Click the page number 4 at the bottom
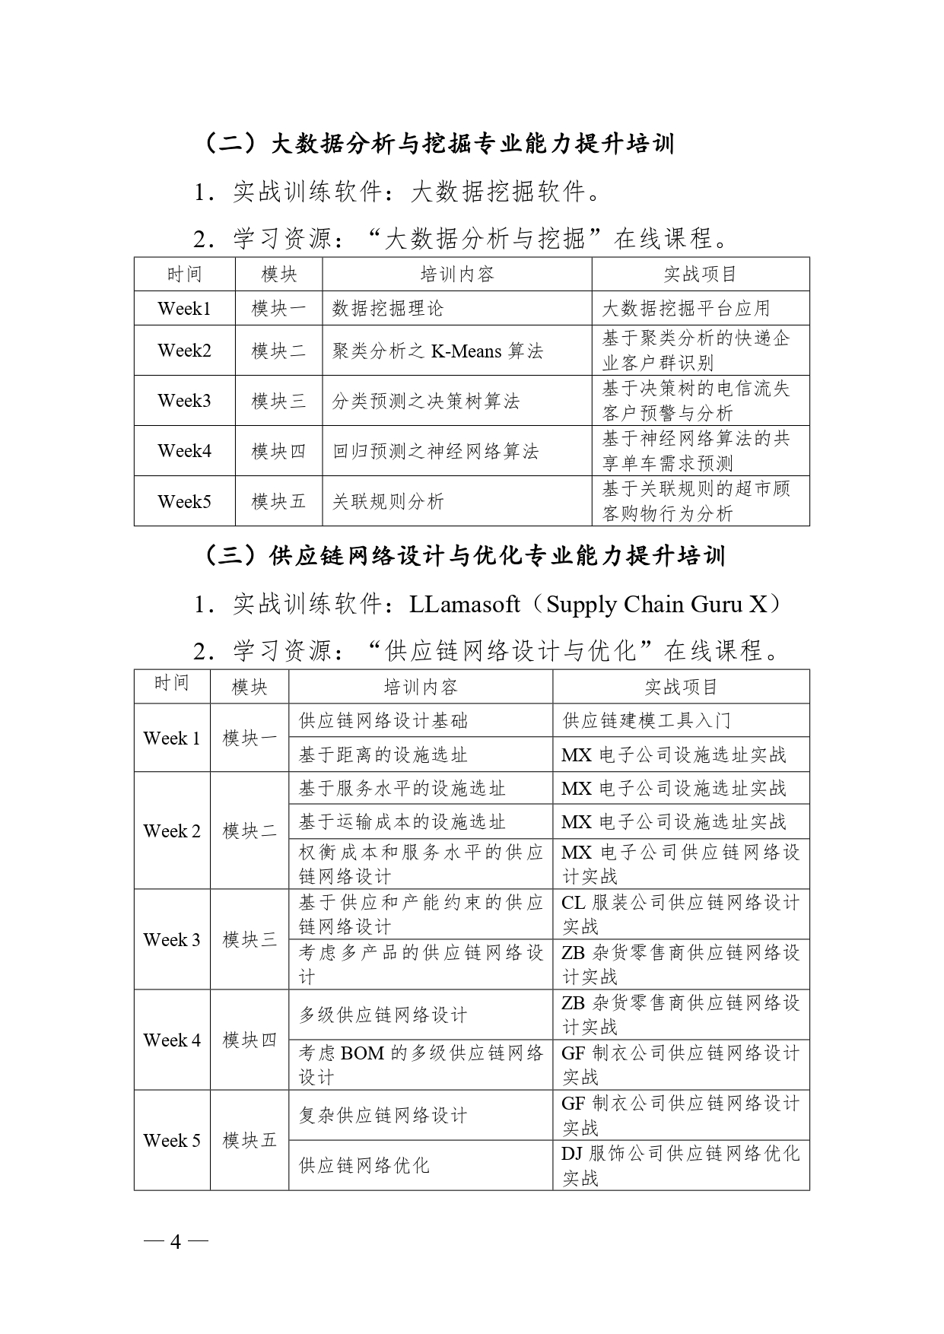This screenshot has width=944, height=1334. click(x=176, y=1242)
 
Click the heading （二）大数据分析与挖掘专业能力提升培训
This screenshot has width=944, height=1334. click(x=440, y=144)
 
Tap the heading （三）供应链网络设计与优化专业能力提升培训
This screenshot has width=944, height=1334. click(x=464, y=556)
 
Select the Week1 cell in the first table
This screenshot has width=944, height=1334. click(x=184, y=308)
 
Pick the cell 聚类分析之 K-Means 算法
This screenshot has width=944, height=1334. click(x=437, y=351)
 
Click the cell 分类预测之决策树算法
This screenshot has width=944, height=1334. click(x=426, y=401)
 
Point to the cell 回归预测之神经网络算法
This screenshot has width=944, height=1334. click(x=435, y=451)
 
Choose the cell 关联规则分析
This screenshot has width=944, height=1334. click(x=388, y=501)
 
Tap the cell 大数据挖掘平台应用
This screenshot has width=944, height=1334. click(x=686, y=308)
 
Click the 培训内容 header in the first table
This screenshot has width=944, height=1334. click(x=457, y=274)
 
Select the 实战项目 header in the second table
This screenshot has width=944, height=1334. click(x=681, y=687)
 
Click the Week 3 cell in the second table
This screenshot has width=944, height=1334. click(x=172, y=939)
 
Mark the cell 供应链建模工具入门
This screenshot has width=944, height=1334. click(x=647, y=720)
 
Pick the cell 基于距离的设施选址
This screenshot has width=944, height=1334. click(x=383, y=754)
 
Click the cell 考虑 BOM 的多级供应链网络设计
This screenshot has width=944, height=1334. click(x=421, y=1065)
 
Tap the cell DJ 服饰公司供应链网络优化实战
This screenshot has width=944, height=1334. click(x=680, y=1165)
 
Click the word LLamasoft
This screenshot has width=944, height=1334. click(x=464, y=604)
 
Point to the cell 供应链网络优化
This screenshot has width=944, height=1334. click(x=364, y=1165)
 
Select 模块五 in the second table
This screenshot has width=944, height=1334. click(x=250, y=1140)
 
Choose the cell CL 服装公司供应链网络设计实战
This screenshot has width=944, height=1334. click(x=680, y=914)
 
